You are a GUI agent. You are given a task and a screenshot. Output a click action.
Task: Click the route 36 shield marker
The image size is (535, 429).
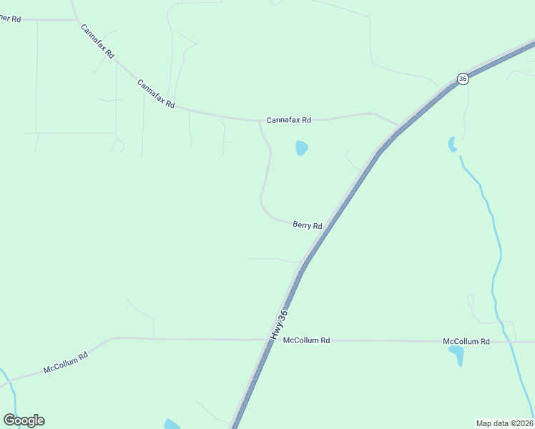[x=463, y=79]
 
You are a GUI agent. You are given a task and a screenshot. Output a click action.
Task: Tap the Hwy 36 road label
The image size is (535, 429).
[x=279, y=324]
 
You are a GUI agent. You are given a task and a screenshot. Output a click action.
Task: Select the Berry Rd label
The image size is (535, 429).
[x=308, y=225]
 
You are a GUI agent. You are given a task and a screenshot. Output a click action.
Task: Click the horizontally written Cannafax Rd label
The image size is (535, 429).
[x=289, y=120]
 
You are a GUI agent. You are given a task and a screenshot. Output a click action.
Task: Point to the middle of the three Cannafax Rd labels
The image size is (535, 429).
[x=156, y=93]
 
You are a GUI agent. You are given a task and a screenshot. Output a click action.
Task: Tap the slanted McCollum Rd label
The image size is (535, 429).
[x=65, y=363]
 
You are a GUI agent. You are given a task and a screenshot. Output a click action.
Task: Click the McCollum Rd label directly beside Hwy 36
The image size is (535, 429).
[x=306, y=341]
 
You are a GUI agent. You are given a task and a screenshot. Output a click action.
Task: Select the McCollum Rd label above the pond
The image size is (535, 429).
[x=466, y=342]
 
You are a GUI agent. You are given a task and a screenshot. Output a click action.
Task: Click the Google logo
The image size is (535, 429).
[x=24, y=420]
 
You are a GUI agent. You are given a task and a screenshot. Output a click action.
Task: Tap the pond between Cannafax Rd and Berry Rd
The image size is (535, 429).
[x=302, y=148]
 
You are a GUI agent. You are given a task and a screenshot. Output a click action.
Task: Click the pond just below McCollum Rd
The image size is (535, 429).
[x=456, y=355]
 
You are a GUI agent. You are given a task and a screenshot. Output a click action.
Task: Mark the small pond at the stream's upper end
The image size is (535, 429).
[x=451, y=144]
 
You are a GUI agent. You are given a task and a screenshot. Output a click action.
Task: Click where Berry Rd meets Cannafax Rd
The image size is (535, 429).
[x=260, y=121]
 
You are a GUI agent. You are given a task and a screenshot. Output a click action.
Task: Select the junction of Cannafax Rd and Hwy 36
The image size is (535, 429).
[x=398, y=127]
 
